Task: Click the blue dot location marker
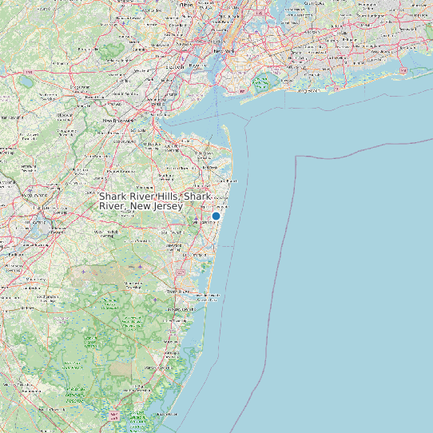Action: (x=216, y=216)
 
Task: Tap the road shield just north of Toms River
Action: (x=182, y=273)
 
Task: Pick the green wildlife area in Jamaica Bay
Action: (x=261, y=81)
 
